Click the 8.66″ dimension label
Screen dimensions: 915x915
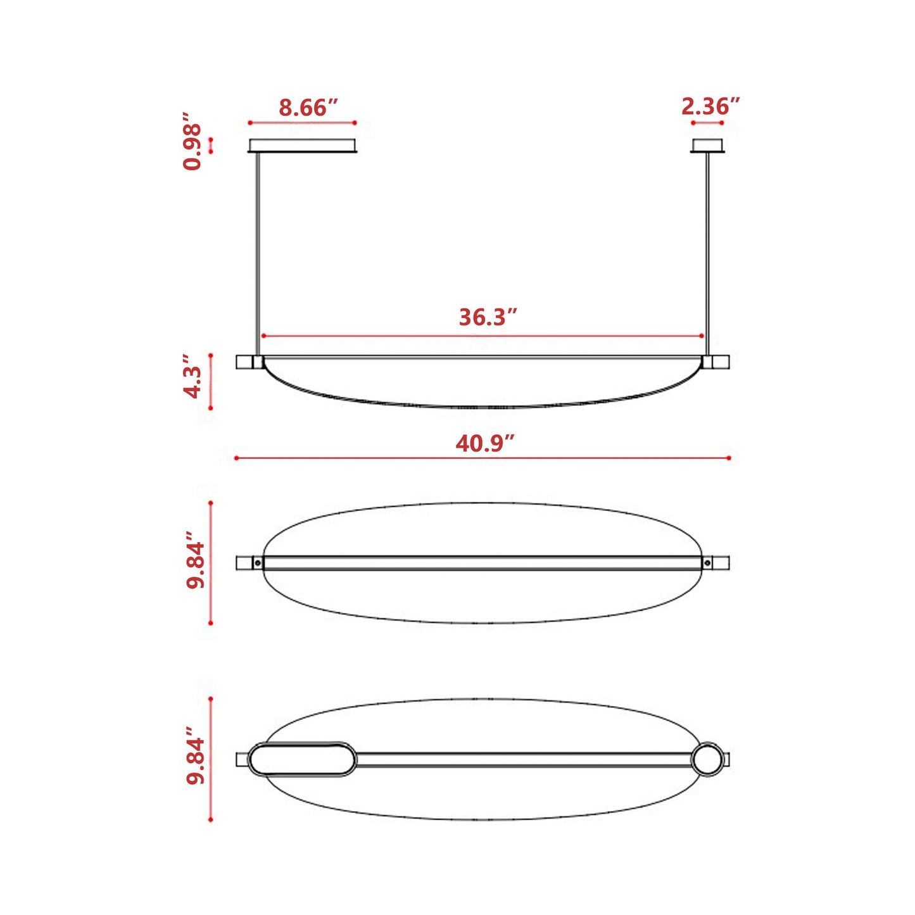point(308,108)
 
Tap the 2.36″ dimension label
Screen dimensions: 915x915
point(710,106)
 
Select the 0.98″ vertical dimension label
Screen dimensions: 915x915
point(192,142)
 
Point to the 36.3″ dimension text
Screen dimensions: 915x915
point(488,317)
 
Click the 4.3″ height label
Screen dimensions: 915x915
point(192,382)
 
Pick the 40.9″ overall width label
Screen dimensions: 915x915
point(484,443)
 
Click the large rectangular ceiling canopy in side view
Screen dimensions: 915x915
point(303,146)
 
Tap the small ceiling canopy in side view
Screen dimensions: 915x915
point(708,146)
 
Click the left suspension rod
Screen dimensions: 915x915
point(257,253)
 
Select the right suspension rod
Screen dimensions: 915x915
point(707,253)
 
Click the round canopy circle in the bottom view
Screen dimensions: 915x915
point(706,759)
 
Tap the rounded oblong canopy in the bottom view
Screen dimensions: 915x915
point(301,759)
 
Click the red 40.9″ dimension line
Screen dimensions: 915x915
point(380,458)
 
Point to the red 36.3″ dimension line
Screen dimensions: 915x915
point(380,336)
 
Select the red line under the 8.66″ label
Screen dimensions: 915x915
point(302,123)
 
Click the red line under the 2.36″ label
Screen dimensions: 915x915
point(707,123)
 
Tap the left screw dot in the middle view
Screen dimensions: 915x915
point(258,562)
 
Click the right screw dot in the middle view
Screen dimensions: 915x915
point(707,562)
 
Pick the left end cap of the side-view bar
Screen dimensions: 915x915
point(244,362)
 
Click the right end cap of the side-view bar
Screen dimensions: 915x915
point(721,362)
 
